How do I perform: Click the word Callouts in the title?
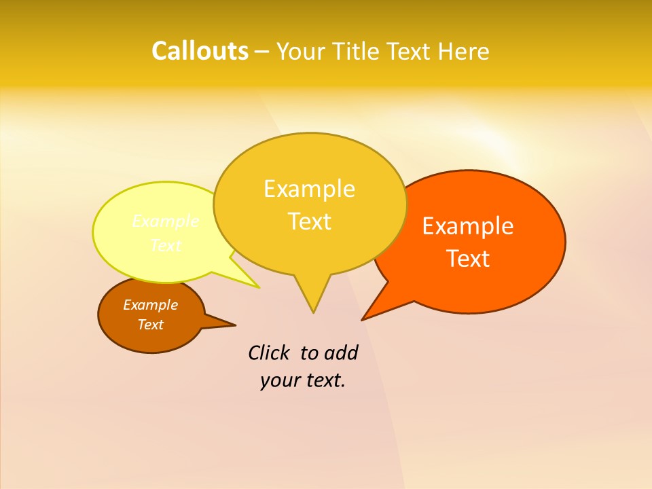click(x=200, y=51)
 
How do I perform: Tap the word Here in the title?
click(x=464, y=51)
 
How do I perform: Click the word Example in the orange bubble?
click(x=468, y=226)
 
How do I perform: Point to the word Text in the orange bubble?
click(x=468, y=259)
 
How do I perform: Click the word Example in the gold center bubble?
click(x=309, y=189)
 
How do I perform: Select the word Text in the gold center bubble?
click(x=309, y=221)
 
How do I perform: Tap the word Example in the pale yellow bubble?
click(x=166, y=221)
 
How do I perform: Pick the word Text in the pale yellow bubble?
click(x=166, y=245)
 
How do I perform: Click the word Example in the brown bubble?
click(x=151, y=305)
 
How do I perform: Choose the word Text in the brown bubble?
click(x=151, y=325)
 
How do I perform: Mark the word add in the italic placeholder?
click(x=341, y=352)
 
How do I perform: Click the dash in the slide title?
click(x=261, y=51)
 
